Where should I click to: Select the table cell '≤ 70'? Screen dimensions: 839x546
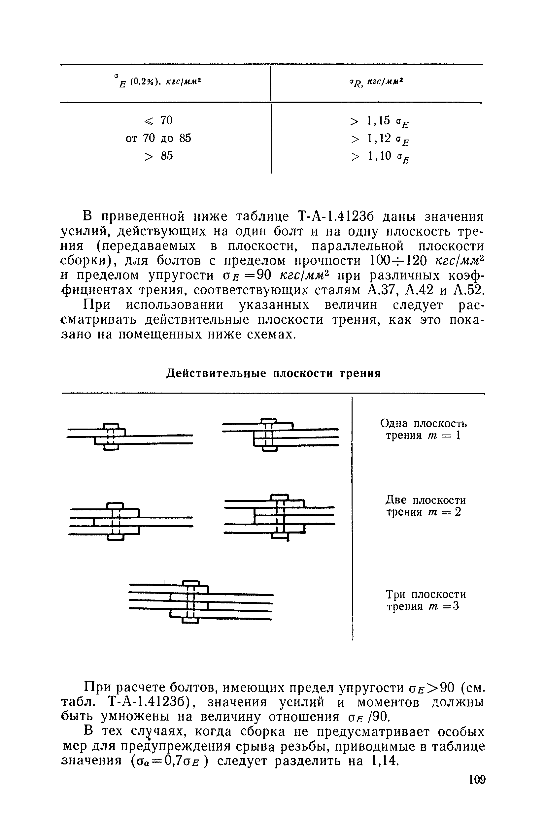tap(158, 120)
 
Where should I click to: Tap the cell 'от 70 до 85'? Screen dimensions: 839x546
tap(158, 138)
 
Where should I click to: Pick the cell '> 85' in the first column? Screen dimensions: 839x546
tap(158, 156)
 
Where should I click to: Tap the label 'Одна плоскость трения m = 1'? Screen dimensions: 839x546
tap(423, 429)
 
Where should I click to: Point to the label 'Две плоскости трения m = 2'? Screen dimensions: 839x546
tap(426, 506)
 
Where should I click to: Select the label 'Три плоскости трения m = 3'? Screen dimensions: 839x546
tap(426, 600)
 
